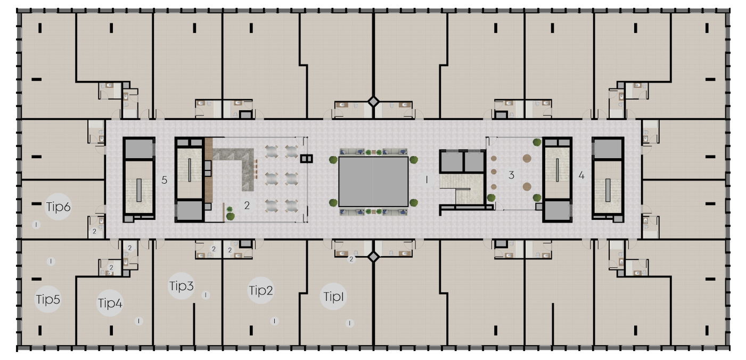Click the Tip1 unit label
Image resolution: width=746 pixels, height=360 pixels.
point(333,297)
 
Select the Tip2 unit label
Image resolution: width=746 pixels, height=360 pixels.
point(261,290)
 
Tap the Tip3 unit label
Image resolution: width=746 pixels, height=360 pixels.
point(182,286)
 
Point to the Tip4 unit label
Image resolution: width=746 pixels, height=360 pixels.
point(110,303)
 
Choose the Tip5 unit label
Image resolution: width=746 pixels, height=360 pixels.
point(48,299)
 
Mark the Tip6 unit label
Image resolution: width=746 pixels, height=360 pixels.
point(58,207)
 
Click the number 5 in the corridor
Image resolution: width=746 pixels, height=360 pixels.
point(164,180)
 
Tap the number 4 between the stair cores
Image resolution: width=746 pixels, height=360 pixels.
point(581,175)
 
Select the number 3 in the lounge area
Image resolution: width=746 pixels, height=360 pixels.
point(511,175)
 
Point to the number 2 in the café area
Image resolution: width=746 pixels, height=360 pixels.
point(247,205)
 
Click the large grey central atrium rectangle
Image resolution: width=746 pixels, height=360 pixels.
point(373,182)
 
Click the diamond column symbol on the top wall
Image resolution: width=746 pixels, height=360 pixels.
point(373,102)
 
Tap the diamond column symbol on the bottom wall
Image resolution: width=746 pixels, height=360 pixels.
point(373,257)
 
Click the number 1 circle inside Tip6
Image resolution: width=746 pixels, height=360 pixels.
point(36,225)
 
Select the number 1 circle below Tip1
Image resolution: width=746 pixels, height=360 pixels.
point(349,323)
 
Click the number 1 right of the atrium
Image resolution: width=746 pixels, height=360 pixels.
point(427,180)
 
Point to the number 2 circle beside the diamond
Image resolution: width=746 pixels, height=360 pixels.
point(351,259)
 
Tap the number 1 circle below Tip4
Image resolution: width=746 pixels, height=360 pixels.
point(138,321)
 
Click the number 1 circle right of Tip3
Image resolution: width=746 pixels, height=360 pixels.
point(206,295)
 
